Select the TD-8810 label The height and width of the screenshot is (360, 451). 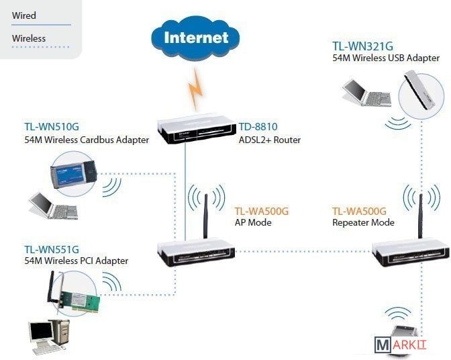pyautogui.click(x=258, y=126)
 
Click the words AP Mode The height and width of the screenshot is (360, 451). pyautogui.click(x=252, y=222)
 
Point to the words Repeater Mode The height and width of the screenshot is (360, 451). pyautogui.click(x=363, y=222)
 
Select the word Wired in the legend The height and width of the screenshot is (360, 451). pyautogui.click(x=24, y=15)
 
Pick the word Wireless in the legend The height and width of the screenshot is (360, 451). pyautogui.click(x=29, y=38)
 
